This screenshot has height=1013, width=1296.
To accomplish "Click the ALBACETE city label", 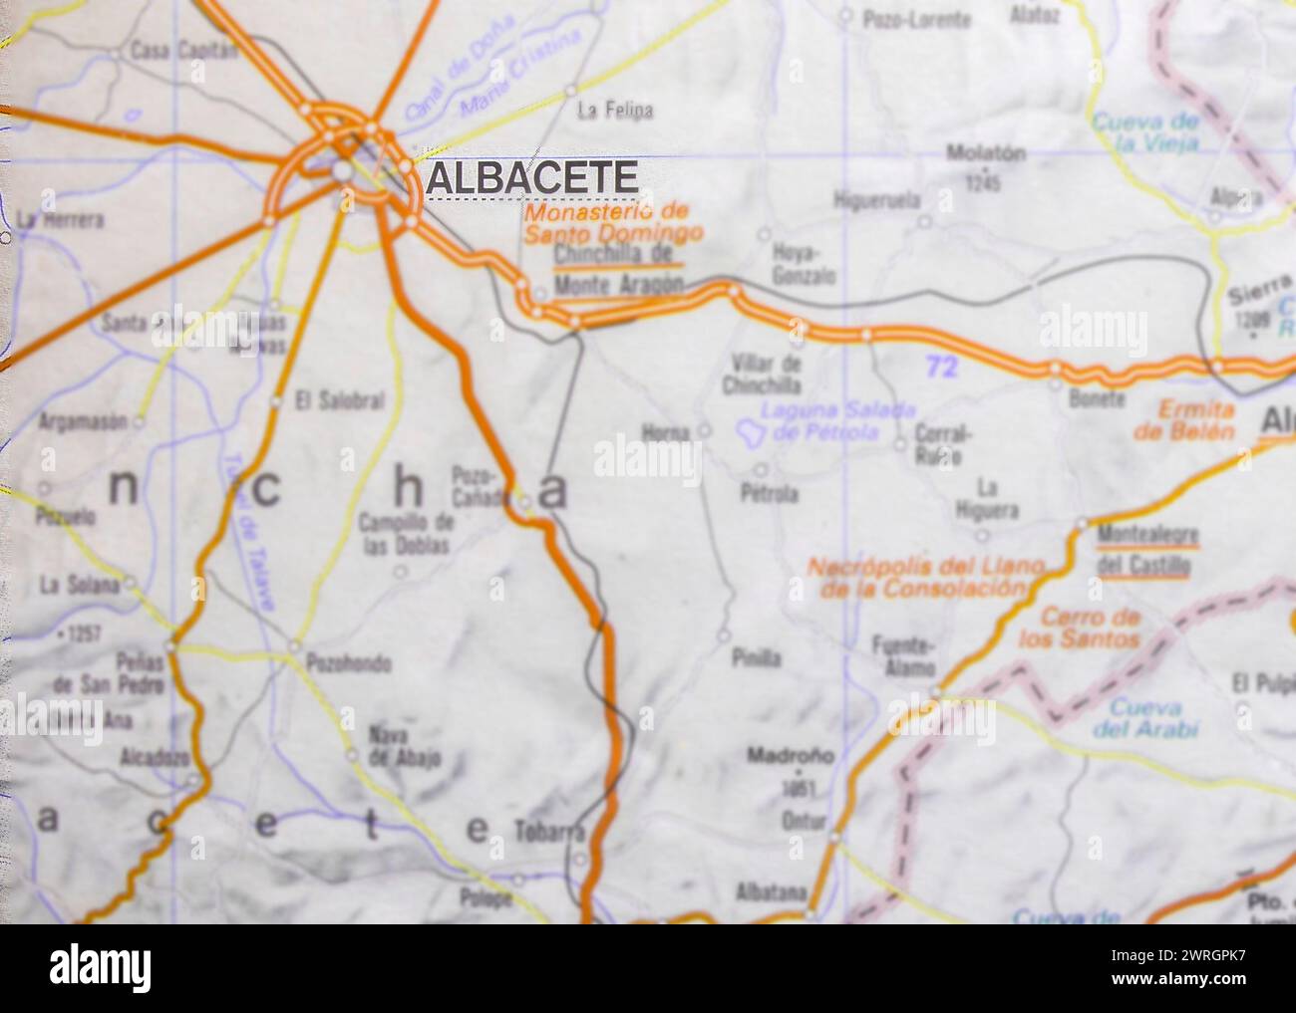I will [531, 178].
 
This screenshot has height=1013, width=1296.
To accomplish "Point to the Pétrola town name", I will [769, 493].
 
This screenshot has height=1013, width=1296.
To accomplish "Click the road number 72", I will [941, 368].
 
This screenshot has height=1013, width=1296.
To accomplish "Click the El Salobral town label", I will [340, 402].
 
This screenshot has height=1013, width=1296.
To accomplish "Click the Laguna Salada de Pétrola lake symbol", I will [749, 431].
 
